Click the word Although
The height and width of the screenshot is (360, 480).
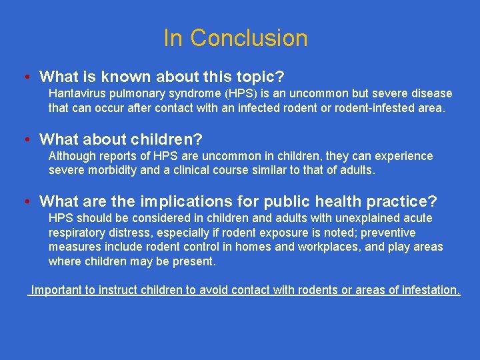coord(73,156)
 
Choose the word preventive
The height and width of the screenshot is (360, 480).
coord(387,233)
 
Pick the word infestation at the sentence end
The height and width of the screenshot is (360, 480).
coord(427,290)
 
